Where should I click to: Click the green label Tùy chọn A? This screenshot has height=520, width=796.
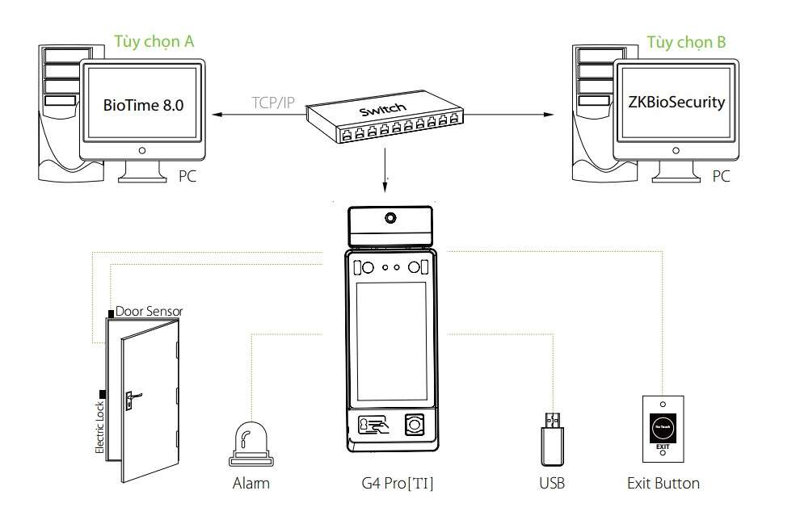point(154,41)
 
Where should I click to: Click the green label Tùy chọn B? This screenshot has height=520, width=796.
point(686,41)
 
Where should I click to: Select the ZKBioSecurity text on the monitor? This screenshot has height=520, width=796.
point(676,103)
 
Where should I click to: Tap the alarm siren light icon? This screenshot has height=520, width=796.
point(250,442)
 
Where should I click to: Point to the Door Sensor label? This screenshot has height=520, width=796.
point(150,311)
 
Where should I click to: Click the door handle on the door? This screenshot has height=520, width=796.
point(131,396)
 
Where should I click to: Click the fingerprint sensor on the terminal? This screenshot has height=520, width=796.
point(415,425)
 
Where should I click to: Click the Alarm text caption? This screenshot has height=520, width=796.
point(251,484)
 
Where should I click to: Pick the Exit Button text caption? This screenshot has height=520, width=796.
point(663,484)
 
